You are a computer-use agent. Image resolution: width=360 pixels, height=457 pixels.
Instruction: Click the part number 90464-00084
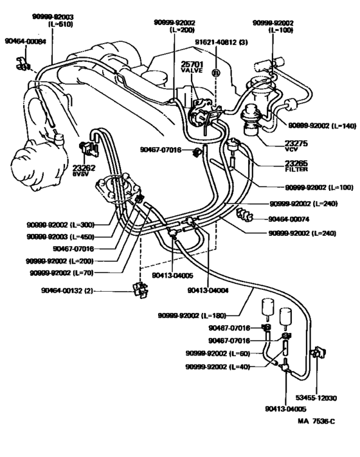pos(25,42)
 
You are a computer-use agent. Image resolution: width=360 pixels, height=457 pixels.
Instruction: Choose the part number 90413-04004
pos(208,290)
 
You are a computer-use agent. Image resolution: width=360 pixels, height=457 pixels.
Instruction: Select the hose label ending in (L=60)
pos(215,354)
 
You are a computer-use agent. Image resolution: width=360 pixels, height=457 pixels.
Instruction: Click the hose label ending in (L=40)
pos(215,367)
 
